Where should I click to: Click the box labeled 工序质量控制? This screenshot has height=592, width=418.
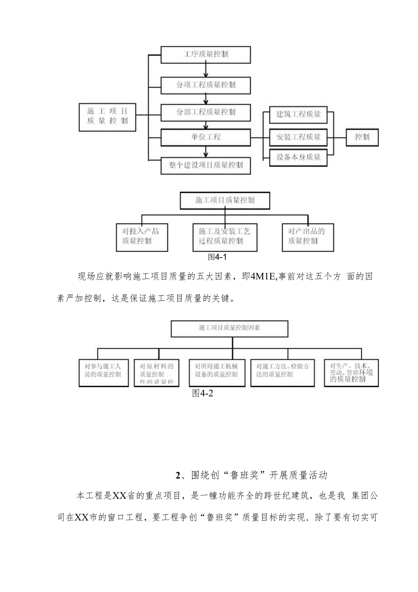pos(205,55)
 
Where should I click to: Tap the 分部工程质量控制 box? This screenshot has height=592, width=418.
pos(205,112)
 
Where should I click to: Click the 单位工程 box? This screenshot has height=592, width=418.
pos(205,137)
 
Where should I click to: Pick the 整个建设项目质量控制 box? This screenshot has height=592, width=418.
pos(205,165)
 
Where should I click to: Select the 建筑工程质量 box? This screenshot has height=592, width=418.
pos(298,115)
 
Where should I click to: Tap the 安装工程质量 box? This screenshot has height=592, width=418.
pos(298,137)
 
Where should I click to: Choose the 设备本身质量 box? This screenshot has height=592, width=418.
pos(298,157)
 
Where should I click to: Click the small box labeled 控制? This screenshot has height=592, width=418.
pos(362,137)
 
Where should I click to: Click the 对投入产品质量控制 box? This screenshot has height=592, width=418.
pos(142,237)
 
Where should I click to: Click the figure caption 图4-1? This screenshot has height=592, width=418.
pos(217,257)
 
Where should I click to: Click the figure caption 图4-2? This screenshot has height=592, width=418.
pos(203,394)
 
